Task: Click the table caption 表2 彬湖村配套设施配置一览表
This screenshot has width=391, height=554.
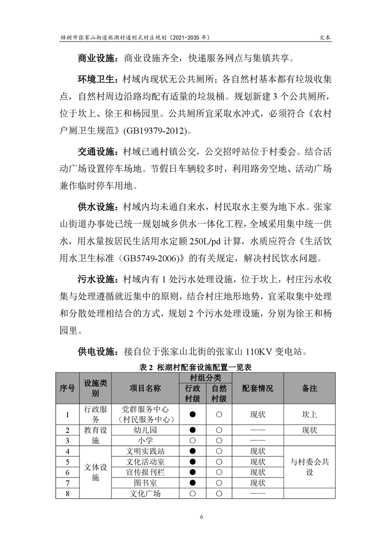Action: [x=196, y=367]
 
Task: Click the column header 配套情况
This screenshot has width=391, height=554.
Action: [x=257, y=389]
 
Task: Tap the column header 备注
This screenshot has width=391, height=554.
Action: [x=309, y=389]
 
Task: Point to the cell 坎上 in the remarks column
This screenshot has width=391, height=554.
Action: [x=309, y=414]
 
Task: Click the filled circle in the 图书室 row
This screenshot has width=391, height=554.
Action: [x=193, y=483]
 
